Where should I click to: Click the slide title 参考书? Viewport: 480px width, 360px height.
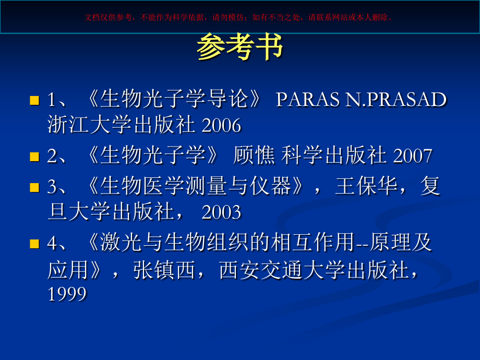click(x=239, y=48)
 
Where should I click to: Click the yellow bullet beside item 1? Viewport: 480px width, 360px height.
click(x=34, y=100)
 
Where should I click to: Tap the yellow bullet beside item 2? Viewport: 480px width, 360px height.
click(x=34, y=157)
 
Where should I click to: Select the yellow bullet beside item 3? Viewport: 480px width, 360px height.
click(x=34, y=186)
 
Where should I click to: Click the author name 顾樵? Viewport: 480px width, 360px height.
click(x=253, y=156)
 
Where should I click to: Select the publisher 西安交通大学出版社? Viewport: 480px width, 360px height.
click(x=317, y=269)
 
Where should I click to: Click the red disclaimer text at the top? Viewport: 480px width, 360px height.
click(x=239, y=17)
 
